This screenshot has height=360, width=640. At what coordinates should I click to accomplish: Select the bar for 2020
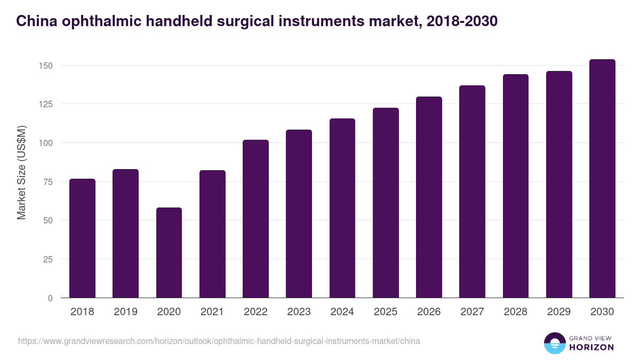coord(169,253)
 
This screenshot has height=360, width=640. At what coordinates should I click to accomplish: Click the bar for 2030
coord(602,179)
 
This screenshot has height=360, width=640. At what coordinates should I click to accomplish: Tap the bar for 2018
coord(82,238)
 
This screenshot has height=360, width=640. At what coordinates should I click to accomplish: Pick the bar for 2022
coord(255,219)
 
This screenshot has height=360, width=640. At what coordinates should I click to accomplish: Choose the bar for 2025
coord(386,203)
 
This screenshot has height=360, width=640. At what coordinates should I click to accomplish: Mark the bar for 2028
coord(515,186)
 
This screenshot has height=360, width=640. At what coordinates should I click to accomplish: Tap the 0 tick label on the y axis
coord(50,298)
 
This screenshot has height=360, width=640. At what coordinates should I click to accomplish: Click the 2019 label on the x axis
coord(125,312)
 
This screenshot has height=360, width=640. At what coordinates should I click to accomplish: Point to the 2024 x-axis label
coord(342,312)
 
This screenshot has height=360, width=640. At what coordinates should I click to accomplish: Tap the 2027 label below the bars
coord(472,312)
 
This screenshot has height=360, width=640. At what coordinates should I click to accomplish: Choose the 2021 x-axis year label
coord(212,312)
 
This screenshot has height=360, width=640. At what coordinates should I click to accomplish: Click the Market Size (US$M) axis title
coord(21,172)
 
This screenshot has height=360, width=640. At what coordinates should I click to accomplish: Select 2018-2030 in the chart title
coord(462,21)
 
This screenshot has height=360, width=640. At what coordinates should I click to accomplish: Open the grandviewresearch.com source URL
coord(219,341)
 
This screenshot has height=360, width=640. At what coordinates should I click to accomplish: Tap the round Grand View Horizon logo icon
coord(555,343)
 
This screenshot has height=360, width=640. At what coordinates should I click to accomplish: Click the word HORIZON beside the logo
coord(591,347)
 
